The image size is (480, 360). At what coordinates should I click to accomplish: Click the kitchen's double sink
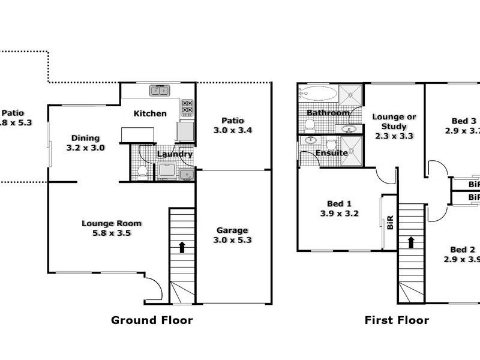(160, 91)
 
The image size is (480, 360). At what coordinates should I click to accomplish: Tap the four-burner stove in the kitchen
(187, 107)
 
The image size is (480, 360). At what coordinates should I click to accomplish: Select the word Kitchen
(150, 113)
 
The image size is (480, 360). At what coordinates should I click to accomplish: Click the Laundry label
(175, 154)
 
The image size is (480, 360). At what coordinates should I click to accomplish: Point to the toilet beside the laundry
(142, 172)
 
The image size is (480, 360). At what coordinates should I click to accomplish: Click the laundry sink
(187, 175)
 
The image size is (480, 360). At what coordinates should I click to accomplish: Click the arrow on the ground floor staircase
(182, 246)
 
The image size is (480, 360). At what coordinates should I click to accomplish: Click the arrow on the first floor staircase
(412, 242)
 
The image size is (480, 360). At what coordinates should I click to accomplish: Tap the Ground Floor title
(152, 320)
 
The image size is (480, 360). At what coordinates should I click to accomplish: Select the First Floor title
(397, 320)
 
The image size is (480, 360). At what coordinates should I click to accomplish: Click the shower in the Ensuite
(352, 146)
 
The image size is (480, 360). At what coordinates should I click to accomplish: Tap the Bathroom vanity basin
(348, 128)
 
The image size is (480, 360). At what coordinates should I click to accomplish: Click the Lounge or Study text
(394, 122)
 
